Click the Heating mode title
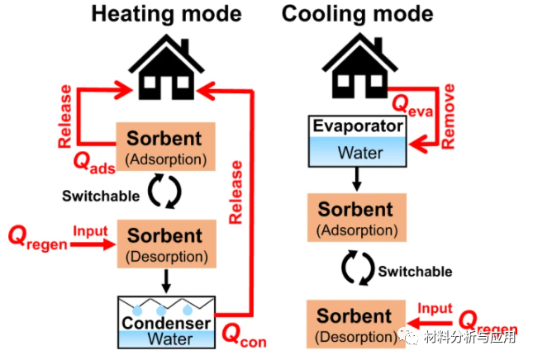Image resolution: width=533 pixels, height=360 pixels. [x=167, y=14]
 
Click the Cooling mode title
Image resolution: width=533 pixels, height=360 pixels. [x=357, y=14]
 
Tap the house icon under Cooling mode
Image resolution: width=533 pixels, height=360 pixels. [x=357, y=64]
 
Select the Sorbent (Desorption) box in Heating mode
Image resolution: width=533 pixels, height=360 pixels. [x=165, y=244]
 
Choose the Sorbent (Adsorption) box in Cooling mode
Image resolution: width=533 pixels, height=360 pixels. [x=356, y=216]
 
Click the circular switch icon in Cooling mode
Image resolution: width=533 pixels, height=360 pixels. [x=357, y=269]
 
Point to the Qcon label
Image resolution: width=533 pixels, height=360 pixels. [x=245, y=335]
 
